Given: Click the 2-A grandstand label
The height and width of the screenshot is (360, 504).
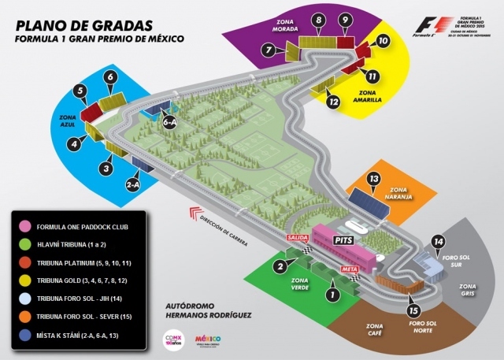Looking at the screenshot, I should [133, 184].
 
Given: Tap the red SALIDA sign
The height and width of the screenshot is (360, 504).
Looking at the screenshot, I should [298, 237].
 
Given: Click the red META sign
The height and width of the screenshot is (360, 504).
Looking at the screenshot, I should [350, 269].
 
